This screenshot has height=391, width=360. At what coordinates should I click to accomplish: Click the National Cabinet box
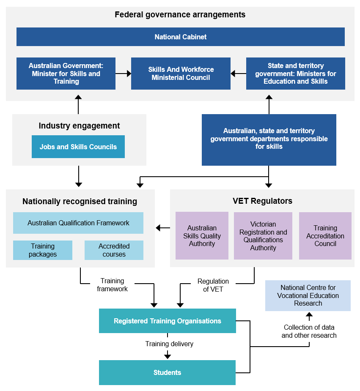180,37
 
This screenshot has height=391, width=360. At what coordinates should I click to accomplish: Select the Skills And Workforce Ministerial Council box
181,74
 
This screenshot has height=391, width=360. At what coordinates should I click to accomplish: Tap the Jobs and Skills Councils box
78,147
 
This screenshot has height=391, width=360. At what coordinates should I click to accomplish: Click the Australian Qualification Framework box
78,223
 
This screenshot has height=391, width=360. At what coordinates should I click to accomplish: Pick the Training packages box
43,250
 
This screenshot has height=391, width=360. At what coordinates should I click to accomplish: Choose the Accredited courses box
114,250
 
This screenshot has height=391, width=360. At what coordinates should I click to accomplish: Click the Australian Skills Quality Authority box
202,236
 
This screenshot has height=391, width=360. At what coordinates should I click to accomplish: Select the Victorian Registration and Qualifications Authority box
263,236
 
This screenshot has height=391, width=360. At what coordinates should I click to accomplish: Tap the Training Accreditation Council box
325,236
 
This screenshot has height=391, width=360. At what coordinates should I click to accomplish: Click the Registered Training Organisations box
167,321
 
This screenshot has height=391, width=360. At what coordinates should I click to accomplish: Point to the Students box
167,372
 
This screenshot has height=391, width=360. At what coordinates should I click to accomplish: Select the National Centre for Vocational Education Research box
308,295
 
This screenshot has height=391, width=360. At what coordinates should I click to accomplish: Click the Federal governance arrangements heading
180,14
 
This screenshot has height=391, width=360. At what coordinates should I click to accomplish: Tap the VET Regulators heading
262,201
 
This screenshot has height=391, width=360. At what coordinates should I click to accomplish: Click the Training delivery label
169,344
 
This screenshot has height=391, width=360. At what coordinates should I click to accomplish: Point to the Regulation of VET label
213,285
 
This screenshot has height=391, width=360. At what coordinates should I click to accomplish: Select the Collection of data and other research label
309,331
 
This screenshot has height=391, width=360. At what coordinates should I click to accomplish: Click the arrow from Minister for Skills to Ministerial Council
123,74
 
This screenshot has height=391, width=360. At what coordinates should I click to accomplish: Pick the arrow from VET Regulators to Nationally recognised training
162,228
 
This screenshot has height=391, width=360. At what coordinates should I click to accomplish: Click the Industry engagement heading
79,126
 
